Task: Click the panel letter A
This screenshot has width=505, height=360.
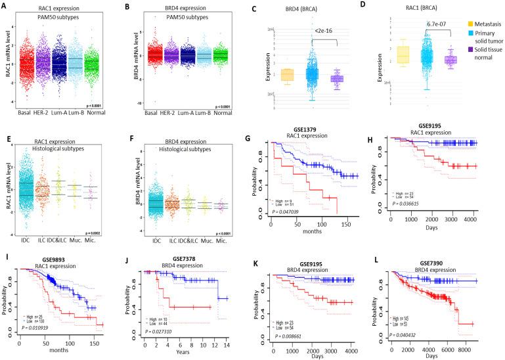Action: (5, 5)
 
